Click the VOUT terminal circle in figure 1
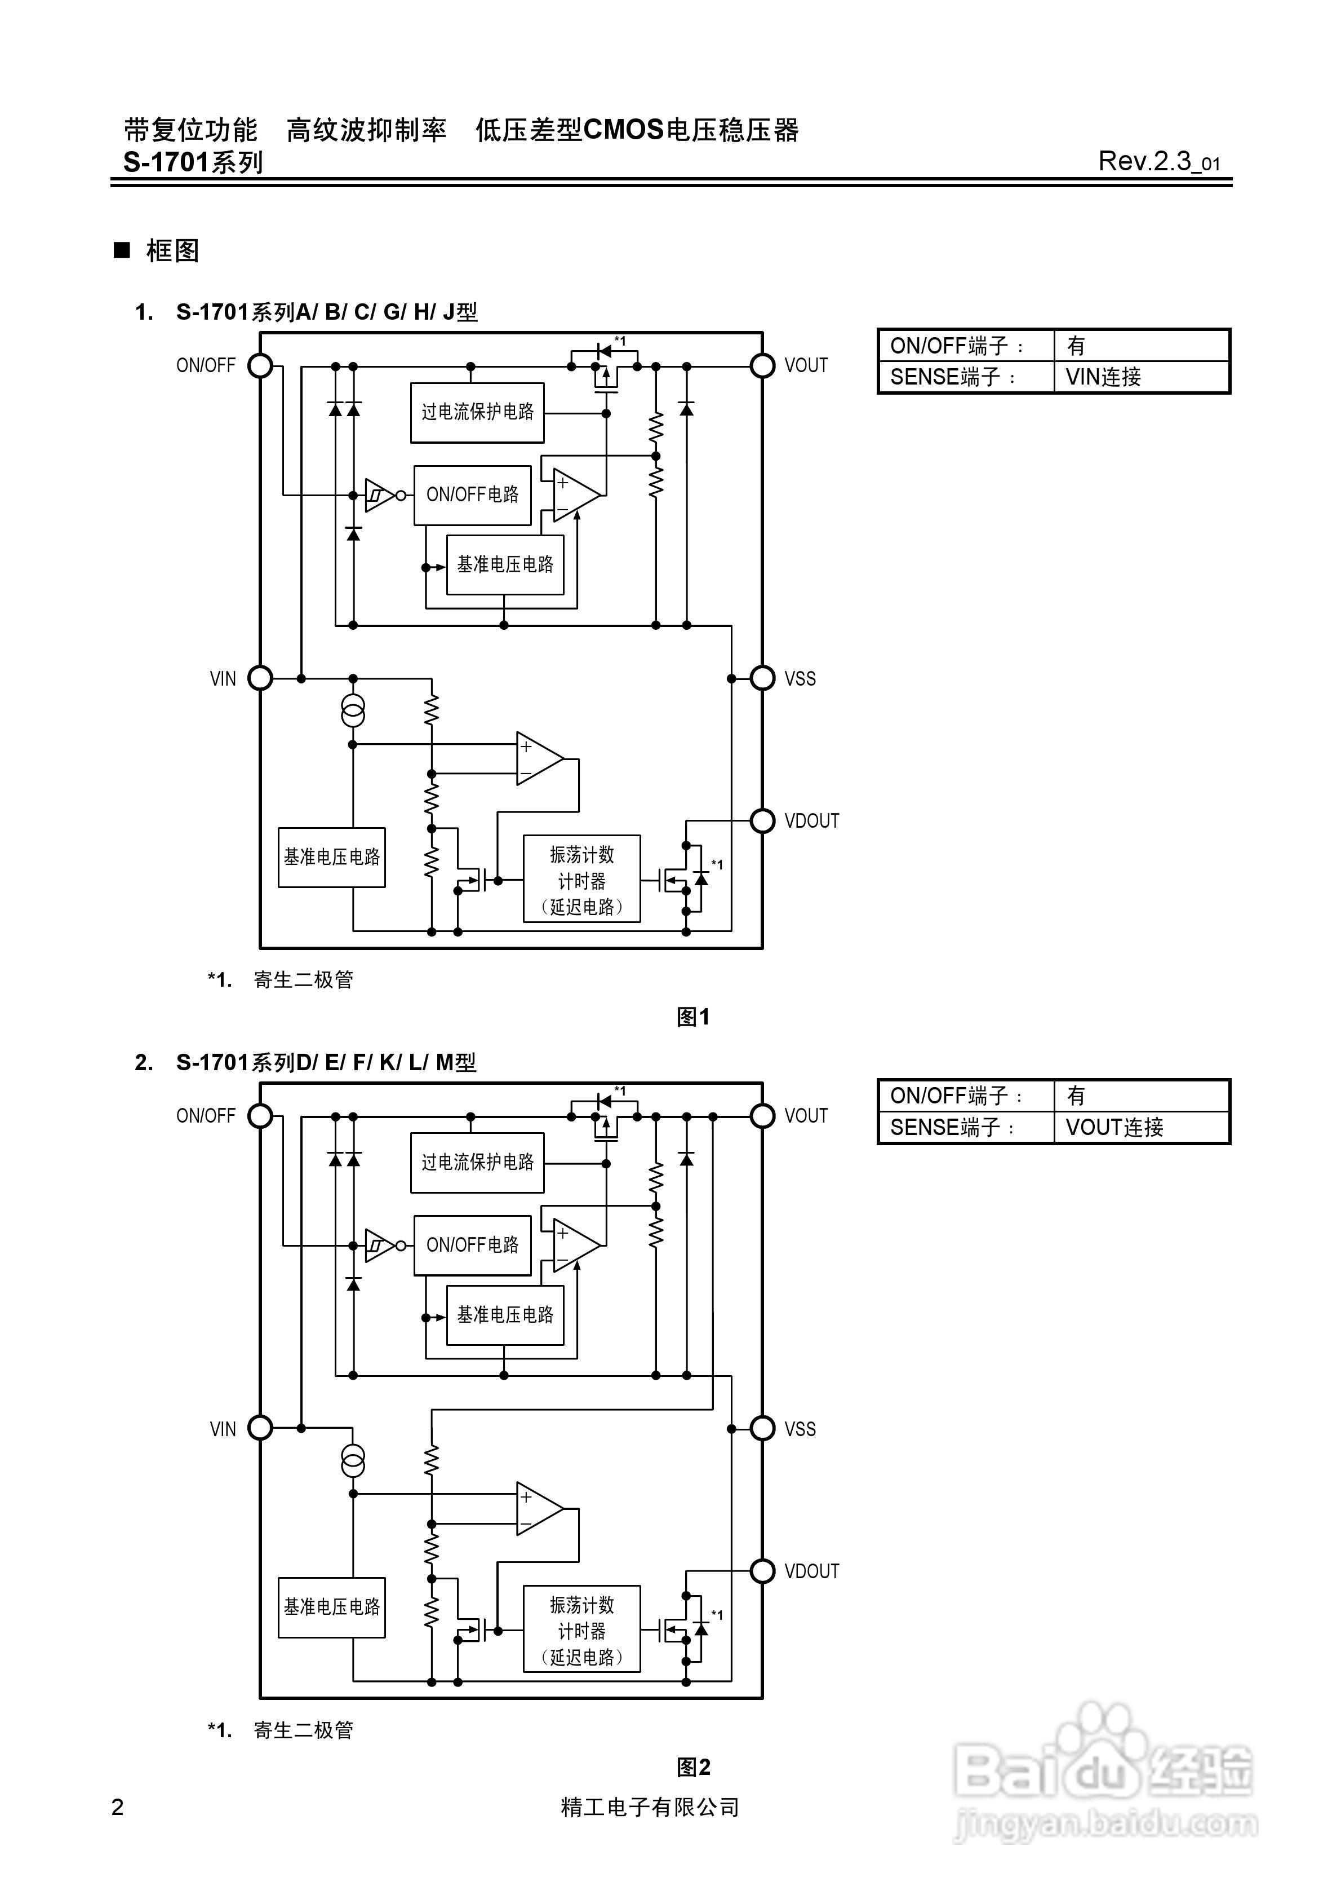(762, 365)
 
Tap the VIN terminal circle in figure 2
(260, 1428)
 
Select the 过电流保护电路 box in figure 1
(477, 412)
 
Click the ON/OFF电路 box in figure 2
(472, 1245)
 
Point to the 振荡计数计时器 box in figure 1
(581, 879)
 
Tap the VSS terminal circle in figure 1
(762, 678)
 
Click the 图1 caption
(693, 1017)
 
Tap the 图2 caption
(693, 1768)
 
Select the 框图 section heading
(172, 250)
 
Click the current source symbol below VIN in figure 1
(353, 712)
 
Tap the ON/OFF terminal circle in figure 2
(260, 1116)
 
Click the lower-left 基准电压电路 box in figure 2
(331, 1607)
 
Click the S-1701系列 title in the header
(193, 162)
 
